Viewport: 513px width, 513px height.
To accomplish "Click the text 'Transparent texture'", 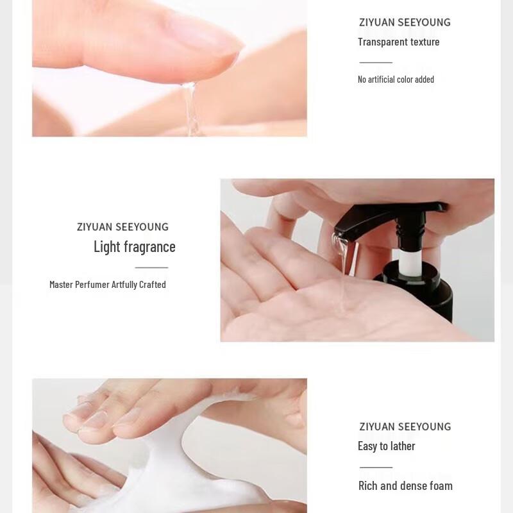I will click(398, 42).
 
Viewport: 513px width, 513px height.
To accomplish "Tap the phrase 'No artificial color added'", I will click(396, 80).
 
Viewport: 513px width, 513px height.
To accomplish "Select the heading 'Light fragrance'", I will click(134, 247).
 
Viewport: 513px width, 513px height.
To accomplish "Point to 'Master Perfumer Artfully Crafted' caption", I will click(107, 285).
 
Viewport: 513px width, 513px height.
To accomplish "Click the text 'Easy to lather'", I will click(386, 446).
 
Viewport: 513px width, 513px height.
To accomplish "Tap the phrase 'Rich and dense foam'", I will click(405, 486).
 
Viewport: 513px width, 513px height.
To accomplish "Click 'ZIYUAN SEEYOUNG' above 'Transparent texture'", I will click(405, 23).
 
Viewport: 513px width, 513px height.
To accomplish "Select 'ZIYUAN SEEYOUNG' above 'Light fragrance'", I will click(122, 227).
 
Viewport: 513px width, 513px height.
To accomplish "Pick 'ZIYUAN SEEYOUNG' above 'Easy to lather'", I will click(405, 427).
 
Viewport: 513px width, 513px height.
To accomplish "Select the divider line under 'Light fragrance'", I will click(151, 267).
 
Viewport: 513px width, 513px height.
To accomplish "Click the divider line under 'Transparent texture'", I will click(376, 62).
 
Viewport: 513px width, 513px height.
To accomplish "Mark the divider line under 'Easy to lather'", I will click(376, 467).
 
